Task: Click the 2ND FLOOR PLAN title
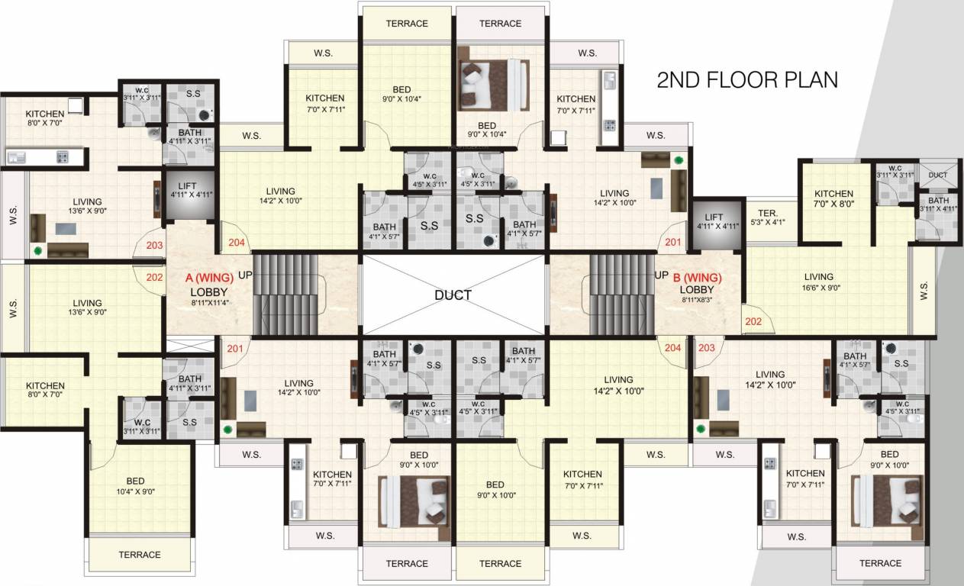tap(747, 80)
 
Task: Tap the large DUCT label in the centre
tap(453, 295)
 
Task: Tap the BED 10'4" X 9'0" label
tap(136, 486)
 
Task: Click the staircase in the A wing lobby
tap(285, 295)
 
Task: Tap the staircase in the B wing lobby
tap(621, 295)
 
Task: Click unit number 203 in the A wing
tap(154, 246)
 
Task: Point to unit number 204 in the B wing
tap(672, 348)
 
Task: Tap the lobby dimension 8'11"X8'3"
tap(697, 301)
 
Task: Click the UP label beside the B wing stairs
tap(661, 275)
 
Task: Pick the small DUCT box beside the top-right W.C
tap(938, 175)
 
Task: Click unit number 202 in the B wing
tap(753, 321)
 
